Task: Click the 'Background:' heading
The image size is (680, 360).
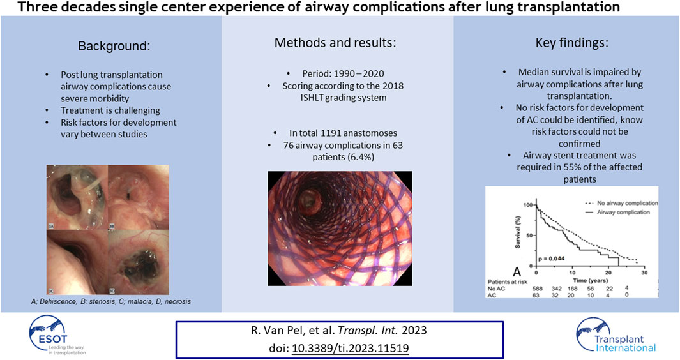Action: [114, 46]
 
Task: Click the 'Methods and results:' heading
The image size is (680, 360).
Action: [335, 43]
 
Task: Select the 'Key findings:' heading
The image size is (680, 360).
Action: [571, 43]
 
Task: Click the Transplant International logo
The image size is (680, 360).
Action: [616, 336]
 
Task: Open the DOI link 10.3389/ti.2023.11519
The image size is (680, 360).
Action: [351, 348]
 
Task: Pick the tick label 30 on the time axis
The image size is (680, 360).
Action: [644, 273]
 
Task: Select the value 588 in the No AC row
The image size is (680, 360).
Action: [538, 289]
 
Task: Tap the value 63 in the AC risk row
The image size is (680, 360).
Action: [538, 295]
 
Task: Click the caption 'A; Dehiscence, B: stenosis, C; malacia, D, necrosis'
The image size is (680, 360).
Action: [111, 301]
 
